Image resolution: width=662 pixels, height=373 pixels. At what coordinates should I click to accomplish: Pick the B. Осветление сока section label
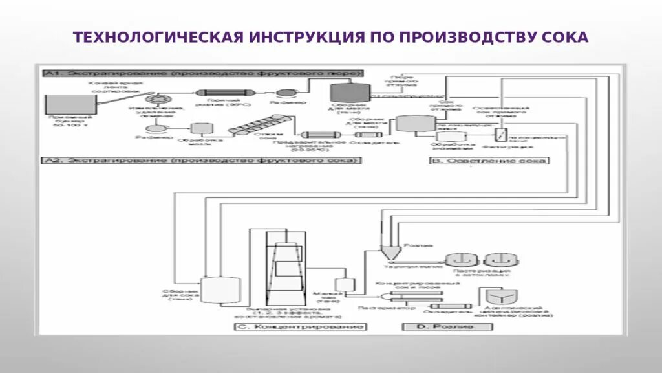click(489, 161)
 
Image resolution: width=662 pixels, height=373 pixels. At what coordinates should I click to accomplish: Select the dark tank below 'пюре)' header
click(350, 93)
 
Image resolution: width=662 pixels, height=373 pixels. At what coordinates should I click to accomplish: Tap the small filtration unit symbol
click(499, 134)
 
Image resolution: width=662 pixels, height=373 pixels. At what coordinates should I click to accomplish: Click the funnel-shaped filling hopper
click(390, 253)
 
